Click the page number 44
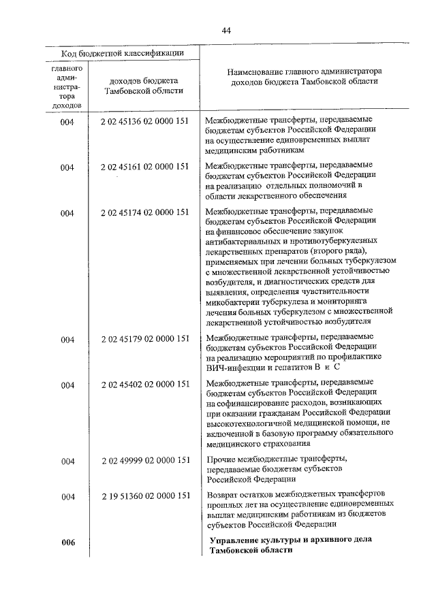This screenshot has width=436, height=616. [x=226, y=29]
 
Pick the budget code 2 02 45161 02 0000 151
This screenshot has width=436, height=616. [x=144, y=166]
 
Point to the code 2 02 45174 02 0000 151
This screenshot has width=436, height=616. [x=144, y=212]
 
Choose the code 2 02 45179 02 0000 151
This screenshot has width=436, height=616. [x=144, y=338]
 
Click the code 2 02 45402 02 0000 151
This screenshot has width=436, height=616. [x=144, y=385]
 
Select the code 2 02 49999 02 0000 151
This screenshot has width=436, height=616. [x=144, y=461]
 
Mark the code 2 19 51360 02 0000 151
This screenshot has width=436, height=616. [x=144, y=496]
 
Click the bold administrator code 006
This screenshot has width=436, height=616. [x=67, y=542]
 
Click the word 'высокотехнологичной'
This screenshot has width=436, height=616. [x=251, y=423]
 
